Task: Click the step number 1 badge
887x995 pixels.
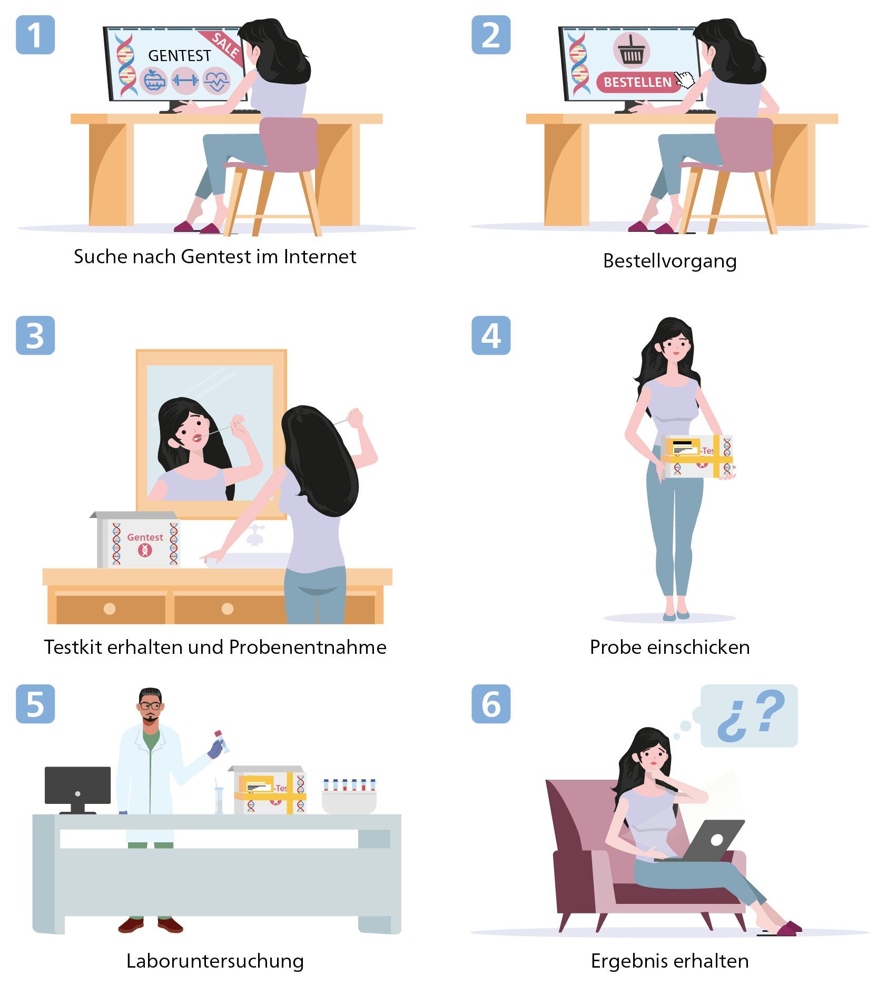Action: click(x=35, y=35)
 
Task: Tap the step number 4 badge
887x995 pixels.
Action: click(x=491, y=335)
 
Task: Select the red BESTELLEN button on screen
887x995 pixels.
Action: click(x=637, y=82)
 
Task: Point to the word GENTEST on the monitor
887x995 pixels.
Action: click(x=179, y=56)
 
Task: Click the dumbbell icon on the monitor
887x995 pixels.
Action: click(x=185, y=81)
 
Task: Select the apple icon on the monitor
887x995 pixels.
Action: click(x=154, y=81)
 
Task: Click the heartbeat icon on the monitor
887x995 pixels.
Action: click(x=216, y=81)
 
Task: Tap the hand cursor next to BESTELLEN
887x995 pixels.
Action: click(x=685, y=79)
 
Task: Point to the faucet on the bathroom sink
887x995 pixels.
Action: click(x=255, y=535)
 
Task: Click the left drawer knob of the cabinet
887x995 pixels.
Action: click(x=110, y=609)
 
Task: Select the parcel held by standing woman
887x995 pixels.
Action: click(x=697, y=456)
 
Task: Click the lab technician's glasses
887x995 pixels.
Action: click(x=150, y=705)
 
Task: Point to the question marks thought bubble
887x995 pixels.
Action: click(x=749, y=715)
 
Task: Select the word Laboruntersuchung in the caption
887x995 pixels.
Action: click(x=215, y=961)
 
